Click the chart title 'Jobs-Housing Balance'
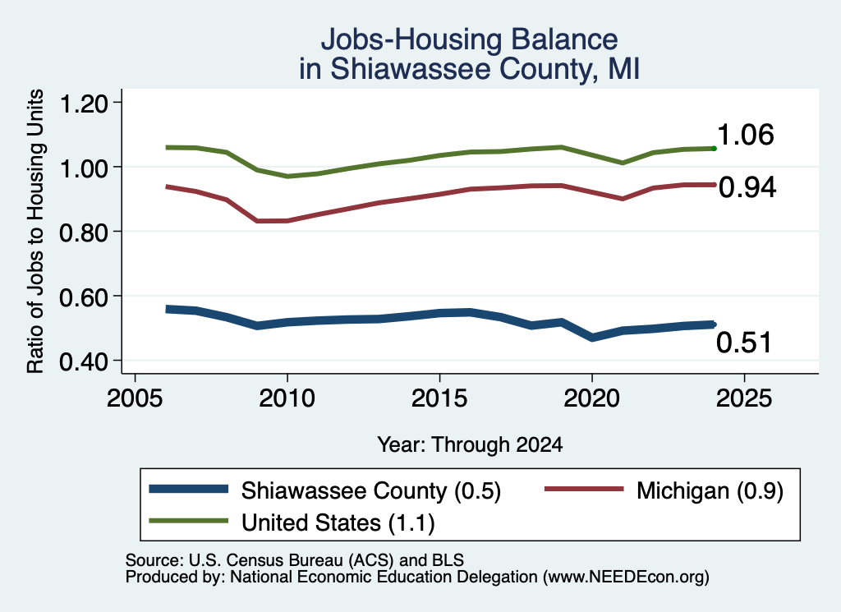pyautogui.click(x=469, y=39)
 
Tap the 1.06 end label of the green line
pyautogui.click(x=746, y=135)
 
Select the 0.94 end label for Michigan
pyautogui.click(x=747, y=187)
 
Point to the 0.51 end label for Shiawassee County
pyautogui.click(x=744, y=343)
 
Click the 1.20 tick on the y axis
pyautogui.click(x=84, y=104)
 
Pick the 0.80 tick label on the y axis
pyautogui.click(x=84, y=232)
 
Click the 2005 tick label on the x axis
pyautogui.click(x=136, y=398)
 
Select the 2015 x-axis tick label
pyautogui.click(x=439, y=398)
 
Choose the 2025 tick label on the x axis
pyautogui.click(x=744, y=398)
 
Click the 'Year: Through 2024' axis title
pyautogui.click(x=470, y=444)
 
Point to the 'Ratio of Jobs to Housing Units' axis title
pyautogui.click(x=35, y=231)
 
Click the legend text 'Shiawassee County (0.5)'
pyautogui.click(x=371, y=490)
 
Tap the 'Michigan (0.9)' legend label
pyautogui.click(x=710, y=490)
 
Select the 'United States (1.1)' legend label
pyautogui.click(x=338, y=522)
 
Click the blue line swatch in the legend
pyautogui.click(x=189, y=489)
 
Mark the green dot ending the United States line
pyautogui.click(x=714, y=148)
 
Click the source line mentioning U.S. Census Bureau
pyautogui.click(x=295, y=560)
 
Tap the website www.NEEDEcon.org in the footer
pyautogui.click(x=626, y=577)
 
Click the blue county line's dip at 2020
pyautogui.click(x=592, y=338)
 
